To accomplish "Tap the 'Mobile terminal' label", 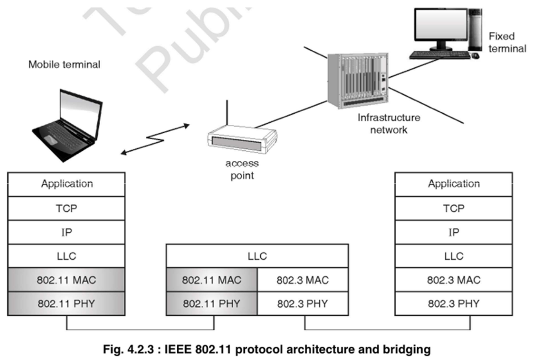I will pyautogui.click(x=65, y=65).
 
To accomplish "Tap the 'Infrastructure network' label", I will pyautogui.click(x=388, y=123).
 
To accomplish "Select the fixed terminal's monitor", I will pyautogui.click(x=441, y=28).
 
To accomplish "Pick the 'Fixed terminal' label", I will pyautogui.click(x=507, y=42).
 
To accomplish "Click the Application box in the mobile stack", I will pyautogui.click(x=67, y=184).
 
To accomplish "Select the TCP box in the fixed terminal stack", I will pyautogui.click(x=454, y=208).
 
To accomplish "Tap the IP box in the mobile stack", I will pyautogui.click(x=67, y=233).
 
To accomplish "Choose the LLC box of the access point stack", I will pyautogui.click(x=257, y=256).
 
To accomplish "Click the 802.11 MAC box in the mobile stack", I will pyautogui.click(x=67, y=280).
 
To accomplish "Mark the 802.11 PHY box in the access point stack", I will pyautogui.click(x=212, y=304).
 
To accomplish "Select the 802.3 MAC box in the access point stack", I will pyautogui.click(x=303, y=280).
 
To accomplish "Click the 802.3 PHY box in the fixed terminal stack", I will pyautogui.click(x=454, y=304).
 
